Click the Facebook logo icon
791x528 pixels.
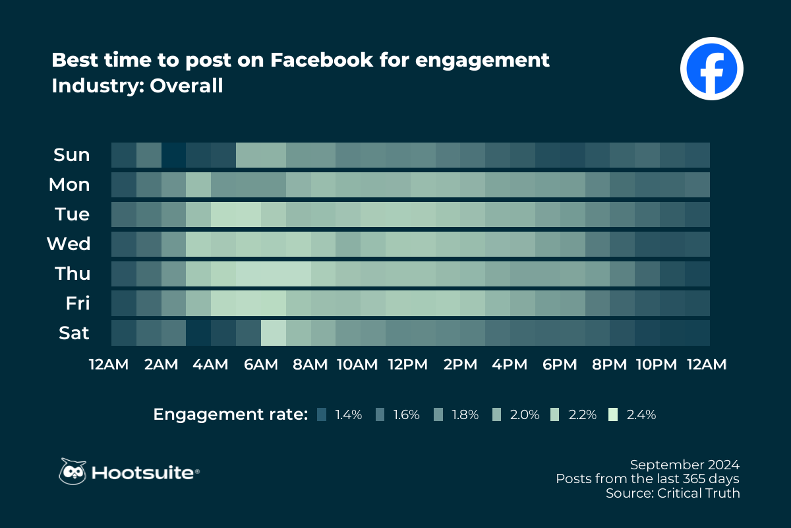711,68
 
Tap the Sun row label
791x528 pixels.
71,155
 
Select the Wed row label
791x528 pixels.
68,244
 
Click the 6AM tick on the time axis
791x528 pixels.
261,365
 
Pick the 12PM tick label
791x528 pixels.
409,365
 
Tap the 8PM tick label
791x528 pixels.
610,365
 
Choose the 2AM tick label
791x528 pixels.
161,365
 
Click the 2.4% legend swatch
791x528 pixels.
614,414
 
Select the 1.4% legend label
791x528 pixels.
348,415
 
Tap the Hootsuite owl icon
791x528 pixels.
73,471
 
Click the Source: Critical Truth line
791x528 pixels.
672,493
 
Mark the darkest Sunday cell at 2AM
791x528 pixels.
174,155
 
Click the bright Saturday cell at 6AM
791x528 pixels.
274,333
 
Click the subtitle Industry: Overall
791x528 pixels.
137,86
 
